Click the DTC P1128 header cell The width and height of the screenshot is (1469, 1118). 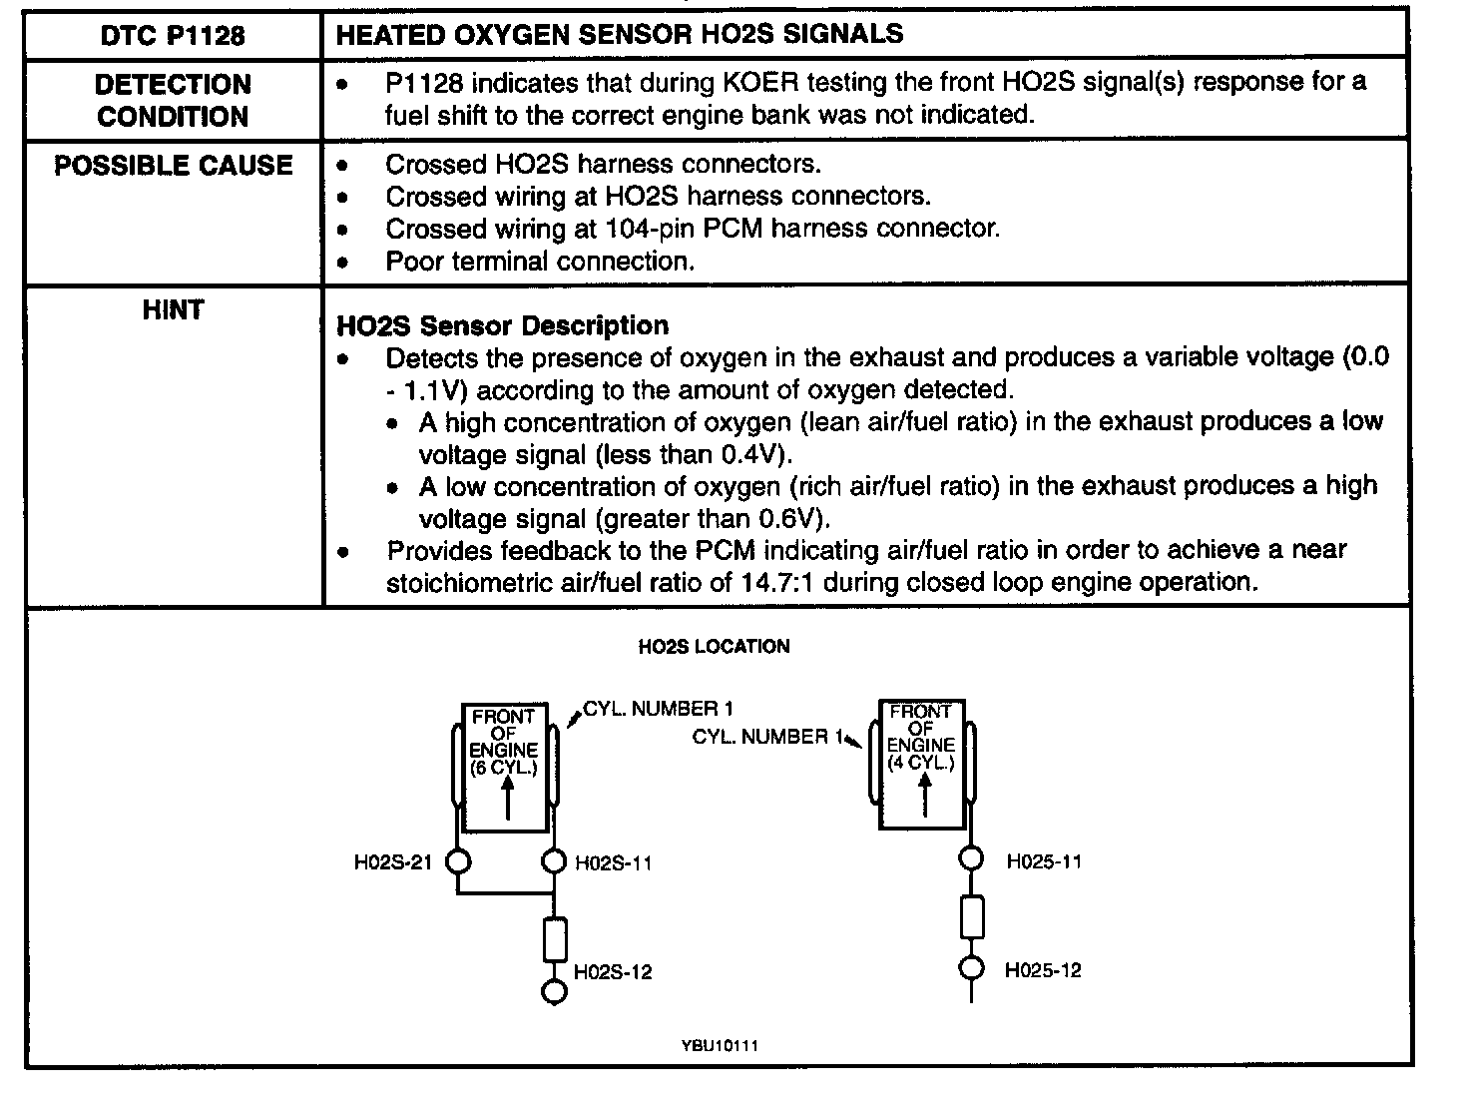tap(173, 36)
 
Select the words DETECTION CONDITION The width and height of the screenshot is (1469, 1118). tap(173, 100)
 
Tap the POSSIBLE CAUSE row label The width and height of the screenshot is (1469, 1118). tap(173, 165)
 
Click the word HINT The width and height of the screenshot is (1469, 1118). tap(173, 309)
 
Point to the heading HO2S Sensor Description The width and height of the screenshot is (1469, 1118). tap(502, 325)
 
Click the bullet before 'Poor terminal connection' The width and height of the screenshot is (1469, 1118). tap(343, 263)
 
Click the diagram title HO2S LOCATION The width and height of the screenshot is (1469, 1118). tap(714, 646)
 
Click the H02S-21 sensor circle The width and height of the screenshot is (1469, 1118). tap(458, 860)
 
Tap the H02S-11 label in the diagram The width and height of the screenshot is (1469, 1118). tap(614, 862)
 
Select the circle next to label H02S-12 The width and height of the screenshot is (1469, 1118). tap(555, 990)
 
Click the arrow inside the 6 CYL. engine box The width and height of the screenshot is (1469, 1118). tap(508, 799)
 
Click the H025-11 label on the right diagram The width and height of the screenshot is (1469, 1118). tap(1043, 861)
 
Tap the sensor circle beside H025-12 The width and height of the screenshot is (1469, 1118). tap(971, 968)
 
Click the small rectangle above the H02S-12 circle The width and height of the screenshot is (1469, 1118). tap(555, 938)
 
